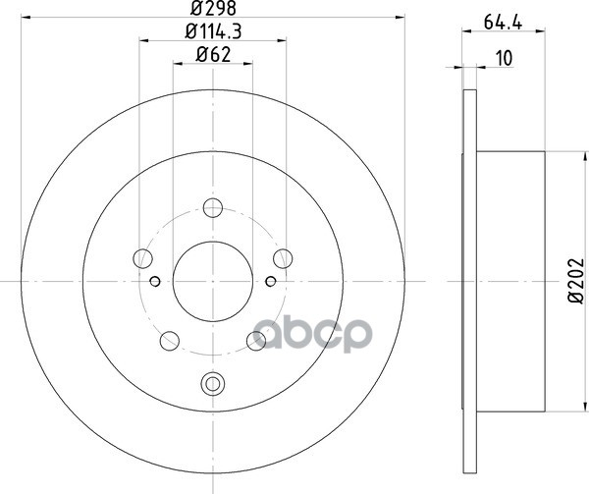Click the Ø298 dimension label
click(x=213, y=8)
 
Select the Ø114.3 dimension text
click(x=213, y=31)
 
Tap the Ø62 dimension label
click(x=213, y=55)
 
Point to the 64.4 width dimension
click(x=503, y=23)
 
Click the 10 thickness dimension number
click(x=505, y=59)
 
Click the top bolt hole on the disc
click(x=213, y=208)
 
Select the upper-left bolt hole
click(x=142, y=258)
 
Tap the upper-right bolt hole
click(x=283, y=258)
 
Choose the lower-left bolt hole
click(x=170, y=341)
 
